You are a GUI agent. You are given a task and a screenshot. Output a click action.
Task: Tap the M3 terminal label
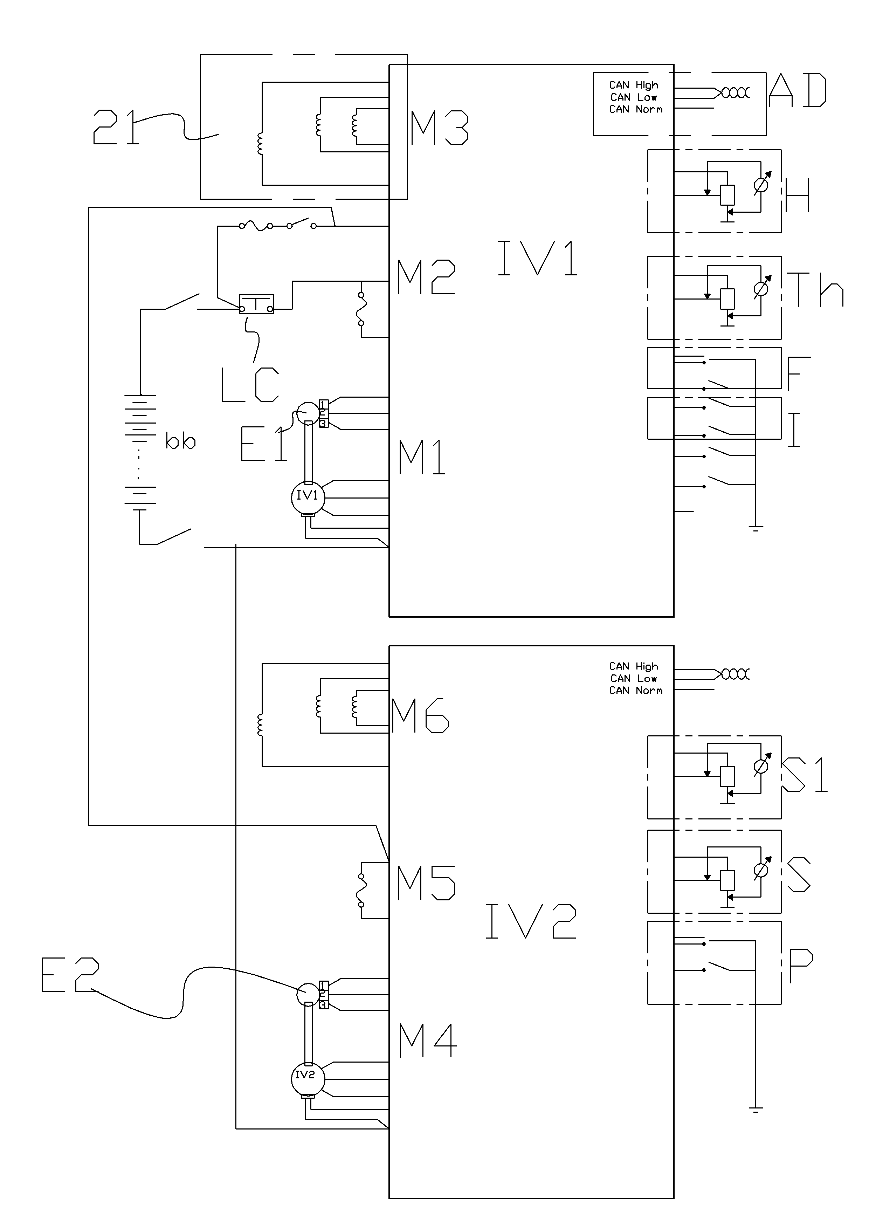click(439, 128)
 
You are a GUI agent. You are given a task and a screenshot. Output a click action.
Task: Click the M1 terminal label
click(422, 457)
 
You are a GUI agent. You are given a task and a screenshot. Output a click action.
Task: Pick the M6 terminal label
click(420, 716)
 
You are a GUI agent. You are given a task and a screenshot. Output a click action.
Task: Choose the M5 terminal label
click(426, 883)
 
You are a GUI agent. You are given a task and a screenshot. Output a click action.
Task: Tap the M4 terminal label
click(428, 1040)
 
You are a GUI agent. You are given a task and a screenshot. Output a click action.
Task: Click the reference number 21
click(116, 127)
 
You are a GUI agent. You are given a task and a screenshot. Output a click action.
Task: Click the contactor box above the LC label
click(256, 304)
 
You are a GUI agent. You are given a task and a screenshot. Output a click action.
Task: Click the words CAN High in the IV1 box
click(634, 85)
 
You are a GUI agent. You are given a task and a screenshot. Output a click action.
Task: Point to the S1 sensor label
click(804, 775)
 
